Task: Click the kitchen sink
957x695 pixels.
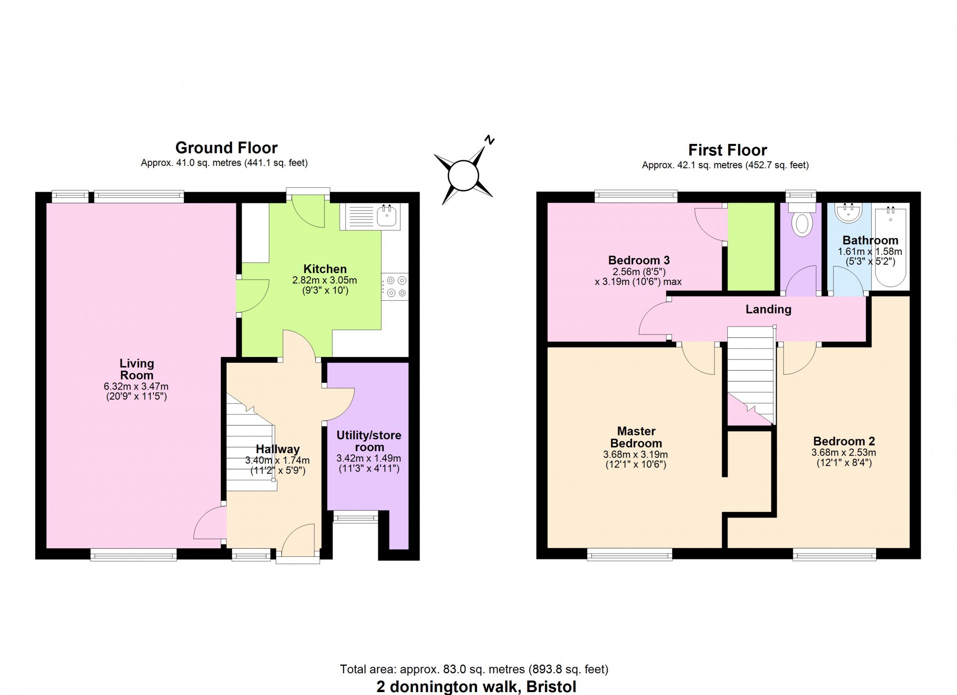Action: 369,217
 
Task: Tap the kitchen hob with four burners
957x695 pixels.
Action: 395,287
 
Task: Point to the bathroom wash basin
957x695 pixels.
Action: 849,212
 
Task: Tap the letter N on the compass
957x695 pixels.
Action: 489,140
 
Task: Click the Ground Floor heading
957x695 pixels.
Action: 226,147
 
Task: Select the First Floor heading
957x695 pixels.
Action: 727,150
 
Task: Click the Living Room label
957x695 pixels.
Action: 137,369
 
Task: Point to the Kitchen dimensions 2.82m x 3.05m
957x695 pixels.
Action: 325,280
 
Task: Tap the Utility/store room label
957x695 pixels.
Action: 369,441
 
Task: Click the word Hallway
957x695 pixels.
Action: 278,449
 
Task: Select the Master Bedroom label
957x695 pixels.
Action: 636,437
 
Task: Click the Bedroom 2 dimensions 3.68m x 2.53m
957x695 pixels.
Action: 844,453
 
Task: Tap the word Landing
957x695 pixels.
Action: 768,309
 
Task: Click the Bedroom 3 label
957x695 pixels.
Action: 639,260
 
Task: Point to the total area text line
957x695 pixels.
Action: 474,669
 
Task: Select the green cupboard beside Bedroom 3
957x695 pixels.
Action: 751,246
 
